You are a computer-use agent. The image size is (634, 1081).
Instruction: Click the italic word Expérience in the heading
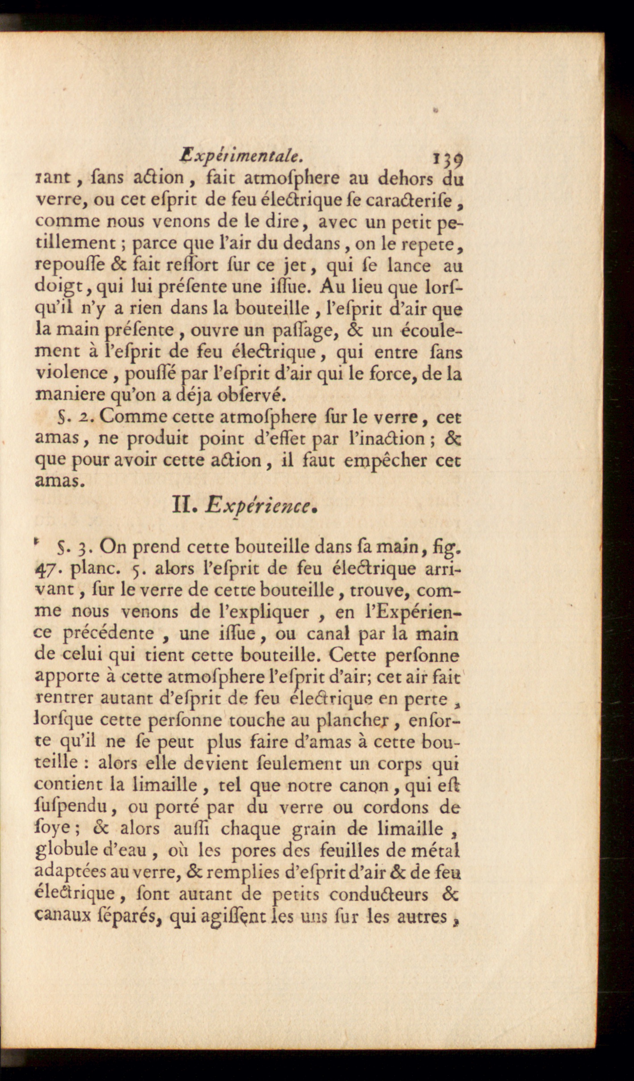point(259,506)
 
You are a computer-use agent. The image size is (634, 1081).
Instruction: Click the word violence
point(71,373)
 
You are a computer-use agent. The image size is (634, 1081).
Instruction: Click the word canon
point(365,785)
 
